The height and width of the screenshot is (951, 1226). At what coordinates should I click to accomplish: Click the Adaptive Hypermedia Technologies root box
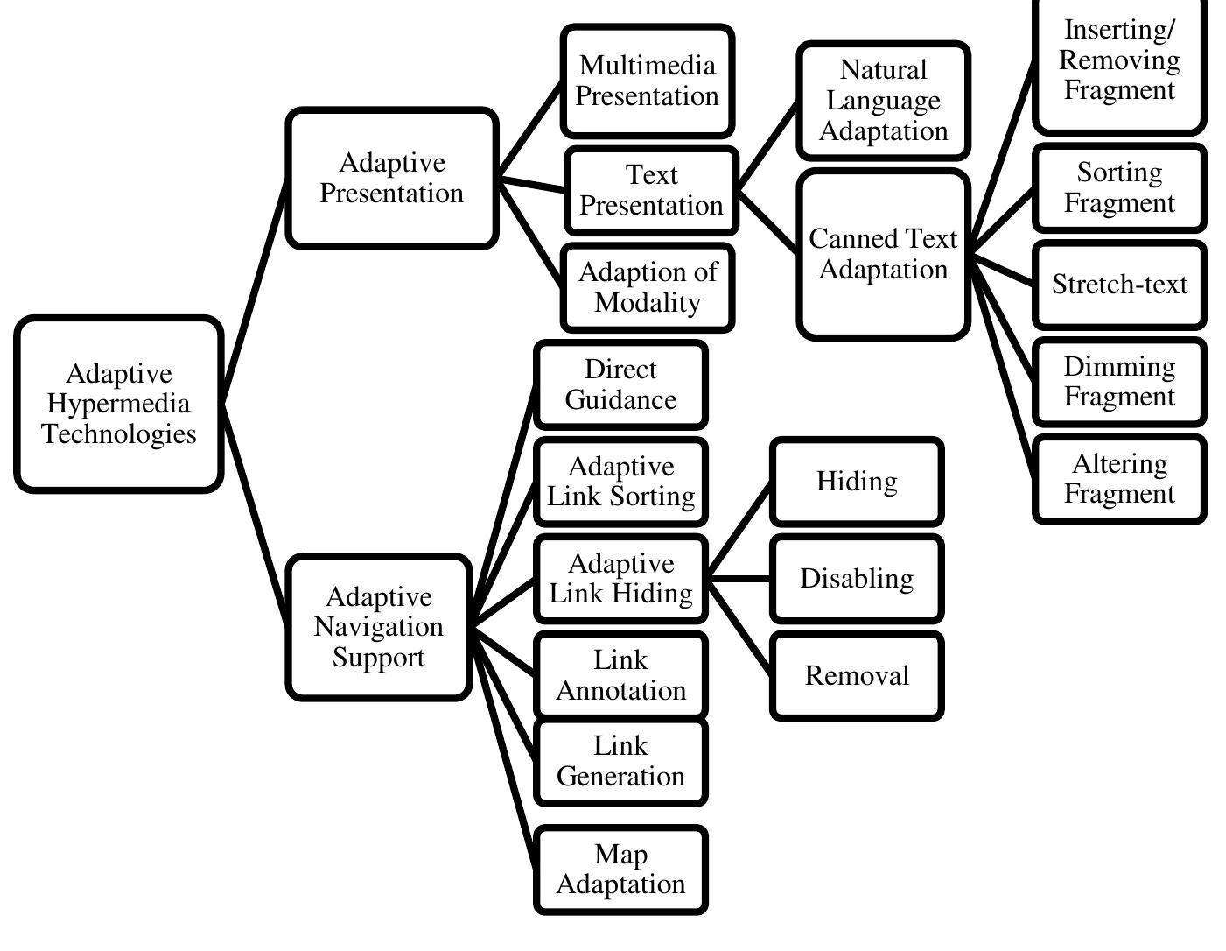click(119, 404)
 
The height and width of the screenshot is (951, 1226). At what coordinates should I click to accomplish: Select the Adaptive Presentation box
click(392, 179)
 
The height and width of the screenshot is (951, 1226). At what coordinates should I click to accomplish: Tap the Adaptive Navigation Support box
click(379, 627)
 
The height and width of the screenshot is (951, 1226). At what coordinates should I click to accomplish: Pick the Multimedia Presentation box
click(648, 81)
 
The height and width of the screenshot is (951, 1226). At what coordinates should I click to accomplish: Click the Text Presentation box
click(652, 191)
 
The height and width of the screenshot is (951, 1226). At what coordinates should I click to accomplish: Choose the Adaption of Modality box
click(648, 288)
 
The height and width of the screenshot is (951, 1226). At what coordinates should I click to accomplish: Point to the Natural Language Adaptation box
click(884, 101)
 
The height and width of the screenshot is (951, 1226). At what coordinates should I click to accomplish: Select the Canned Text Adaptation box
click(884, 255)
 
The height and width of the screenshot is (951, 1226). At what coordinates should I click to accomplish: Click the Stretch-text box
click(1119, 285)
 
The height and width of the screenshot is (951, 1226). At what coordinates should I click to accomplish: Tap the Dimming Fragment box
click(1119, 382)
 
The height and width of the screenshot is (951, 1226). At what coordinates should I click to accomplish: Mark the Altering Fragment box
click(1119, 479)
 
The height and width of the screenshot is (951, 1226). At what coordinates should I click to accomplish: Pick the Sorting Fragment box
click(1119, 188)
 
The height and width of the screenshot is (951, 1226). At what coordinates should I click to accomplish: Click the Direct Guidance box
click(620, 384)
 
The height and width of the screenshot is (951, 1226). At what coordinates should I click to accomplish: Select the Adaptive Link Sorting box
click(620, 482)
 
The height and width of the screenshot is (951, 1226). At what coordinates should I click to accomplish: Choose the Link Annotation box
click(620, 676)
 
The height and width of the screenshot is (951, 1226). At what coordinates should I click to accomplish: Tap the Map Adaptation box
click(620, 870)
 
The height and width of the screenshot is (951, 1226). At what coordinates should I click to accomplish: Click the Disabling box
click(857, 579)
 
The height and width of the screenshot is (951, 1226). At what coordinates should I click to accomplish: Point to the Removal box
click(857, 676)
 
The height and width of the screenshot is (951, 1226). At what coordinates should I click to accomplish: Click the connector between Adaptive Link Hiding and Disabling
click(739, 579)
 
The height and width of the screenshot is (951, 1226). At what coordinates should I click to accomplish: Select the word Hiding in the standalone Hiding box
click(857, 482)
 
